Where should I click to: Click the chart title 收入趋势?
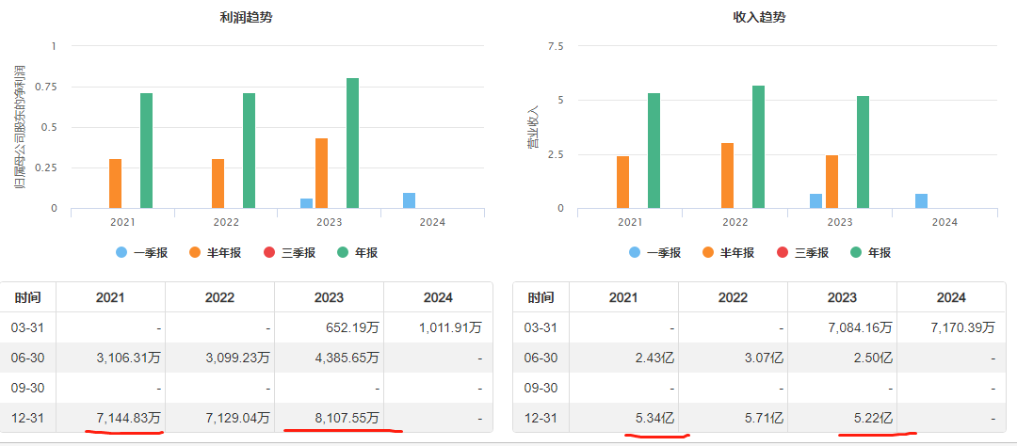click(759, 18)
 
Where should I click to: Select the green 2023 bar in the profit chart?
click(352, 143)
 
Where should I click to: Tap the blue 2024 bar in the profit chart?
click(409, 200)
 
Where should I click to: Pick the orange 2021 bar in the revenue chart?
click(622, 182)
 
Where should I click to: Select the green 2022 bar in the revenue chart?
click(758, 147)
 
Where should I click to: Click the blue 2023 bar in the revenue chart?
click(815, 200)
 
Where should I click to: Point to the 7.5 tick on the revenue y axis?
click(555, 46)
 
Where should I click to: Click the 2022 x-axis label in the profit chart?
click(226, 222)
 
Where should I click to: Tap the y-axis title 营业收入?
click(533, 127)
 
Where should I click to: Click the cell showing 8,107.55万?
click(344, 417)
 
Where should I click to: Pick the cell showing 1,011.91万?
click(449, 327)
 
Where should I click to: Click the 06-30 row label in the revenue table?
click(540, 358)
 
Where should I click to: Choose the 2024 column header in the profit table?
click(438, 297)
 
